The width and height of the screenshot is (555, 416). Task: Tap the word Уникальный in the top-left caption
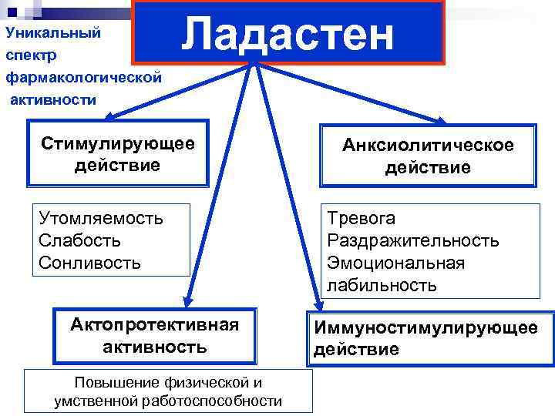point(53,34)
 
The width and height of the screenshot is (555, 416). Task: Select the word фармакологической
point(83,77)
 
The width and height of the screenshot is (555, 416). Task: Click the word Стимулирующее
point(118,144)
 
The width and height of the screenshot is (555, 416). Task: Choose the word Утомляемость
point(101,218)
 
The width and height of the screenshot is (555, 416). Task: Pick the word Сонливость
point(89,263)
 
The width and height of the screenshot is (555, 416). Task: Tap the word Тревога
point(362,218)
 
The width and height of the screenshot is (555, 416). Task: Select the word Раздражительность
point(413,240)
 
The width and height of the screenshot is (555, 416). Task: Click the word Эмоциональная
point(395,263)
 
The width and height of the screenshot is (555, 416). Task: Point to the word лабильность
point(382,286)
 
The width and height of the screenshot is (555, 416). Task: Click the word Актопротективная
point(155,324)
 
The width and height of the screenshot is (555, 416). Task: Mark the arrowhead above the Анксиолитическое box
point(441,120)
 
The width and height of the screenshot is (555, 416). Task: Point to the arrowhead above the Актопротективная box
point(187,302)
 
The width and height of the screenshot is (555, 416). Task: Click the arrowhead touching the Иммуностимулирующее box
point(317,305)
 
